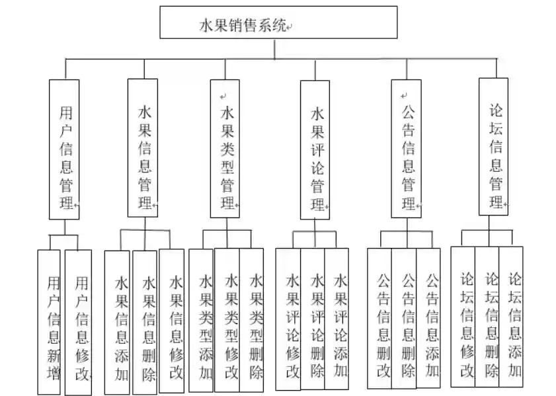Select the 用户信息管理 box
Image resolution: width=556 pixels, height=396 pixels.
pos(64,149)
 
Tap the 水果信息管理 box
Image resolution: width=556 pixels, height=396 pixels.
pos(143,148)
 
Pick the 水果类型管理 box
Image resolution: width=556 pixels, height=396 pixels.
pos(225,149)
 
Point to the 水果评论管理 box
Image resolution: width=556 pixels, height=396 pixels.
pos(315,149)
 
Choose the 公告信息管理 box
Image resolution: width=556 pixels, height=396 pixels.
pos(406,149)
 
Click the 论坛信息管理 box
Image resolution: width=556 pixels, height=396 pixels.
pos(495,147)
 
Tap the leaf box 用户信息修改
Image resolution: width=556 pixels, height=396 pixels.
pos(79,323)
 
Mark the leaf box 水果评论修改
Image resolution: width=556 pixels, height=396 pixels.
pos(288,319)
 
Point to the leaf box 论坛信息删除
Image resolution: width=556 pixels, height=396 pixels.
pos(487,316)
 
